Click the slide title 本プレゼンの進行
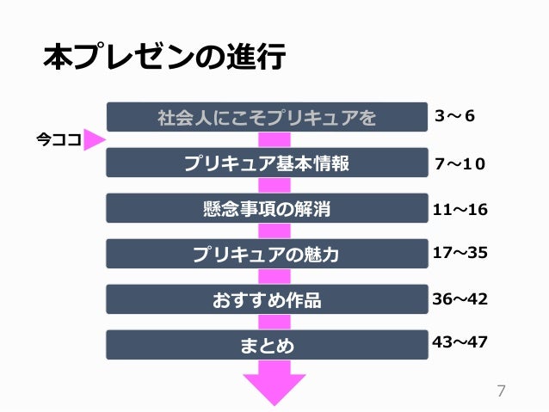coord(163,58)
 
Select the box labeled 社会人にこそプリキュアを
coord(267,117)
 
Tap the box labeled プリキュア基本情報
coord(267,163)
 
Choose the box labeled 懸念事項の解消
coord(267,208)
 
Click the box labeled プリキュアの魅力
coord(267,254)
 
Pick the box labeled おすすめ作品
coord(267,299)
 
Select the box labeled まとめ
coord(267,346)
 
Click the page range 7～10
coord(460,163)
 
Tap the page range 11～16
coord(460,208)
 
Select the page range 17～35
coord(460,253)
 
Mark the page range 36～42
coord(460,298)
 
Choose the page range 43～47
coord(460,342)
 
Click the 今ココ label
coord(59,140)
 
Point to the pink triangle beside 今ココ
coord(93,140)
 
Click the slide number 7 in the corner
coord(502,390)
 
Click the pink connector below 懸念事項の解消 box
coord(274,231)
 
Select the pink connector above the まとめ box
coord(274,323)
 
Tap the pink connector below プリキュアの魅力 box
coord(274,277)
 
